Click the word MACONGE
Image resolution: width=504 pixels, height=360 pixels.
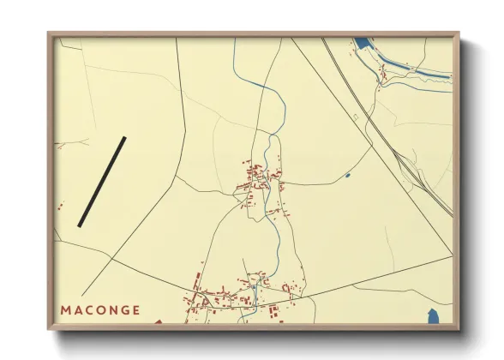(x=101, y=309)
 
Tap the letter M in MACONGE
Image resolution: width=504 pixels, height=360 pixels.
(x=66, y=309)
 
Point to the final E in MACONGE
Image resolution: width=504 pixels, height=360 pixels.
(x=137, y=309)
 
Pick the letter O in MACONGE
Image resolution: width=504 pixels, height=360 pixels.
(x=101, y=309)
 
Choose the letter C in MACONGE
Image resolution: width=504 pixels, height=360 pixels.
(x=89, y=309)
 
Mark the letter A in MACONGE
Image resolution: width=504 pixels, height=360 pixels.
(x=78, y=309)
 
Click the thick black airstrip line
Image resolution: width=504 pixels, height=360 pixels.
(x=102, y=182)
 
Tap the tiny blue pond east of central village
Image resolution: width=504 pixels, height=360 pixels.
(x=347, y=176)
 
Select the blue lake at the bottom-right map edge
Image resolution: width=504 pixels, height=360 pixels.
(x=433, y=316)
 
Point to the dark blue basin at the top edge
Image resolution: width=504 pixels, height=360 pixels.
(x=363, y=42)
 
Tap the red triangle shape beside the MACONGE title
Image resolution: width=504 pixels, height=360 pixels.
(x=158, y=322)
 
